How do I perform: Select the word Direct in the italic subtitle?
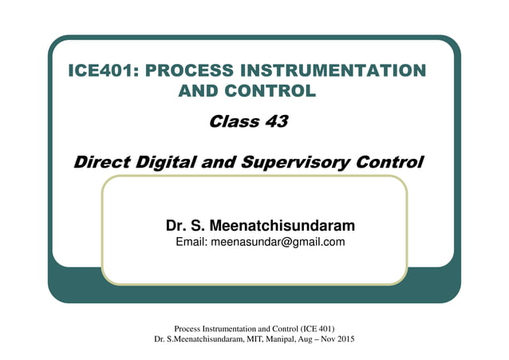point(99,163)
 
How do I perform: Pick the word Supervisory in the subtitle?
point(286,163)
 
